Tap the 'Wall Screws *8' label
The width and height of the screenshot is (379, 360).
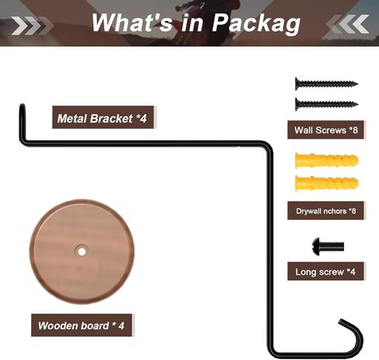click(325, 130)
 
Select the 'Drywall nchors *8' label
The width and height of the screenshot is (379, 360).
click(325, 210)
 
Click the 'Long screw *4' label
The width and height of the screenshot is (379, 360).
click(325, 272)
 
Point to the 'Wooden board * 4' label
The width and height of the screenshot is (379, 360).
click(82, 325)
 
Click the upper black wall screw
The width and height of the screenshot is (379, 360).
click(326, 84)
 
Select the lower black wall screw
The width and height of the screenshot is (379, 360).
click(326, 104)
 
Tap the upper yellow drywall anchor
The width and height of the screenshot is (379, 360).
click(327, 161)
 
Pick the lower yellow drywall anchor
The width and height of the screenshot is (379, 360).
click(327, 184)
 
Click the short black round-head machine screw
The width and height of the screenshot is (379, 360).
click(328, 247)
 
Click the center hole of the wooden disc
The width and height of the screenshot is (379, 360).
click(82, 251)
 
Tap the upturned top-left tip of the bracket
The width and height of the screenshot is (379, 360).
click(23, 106)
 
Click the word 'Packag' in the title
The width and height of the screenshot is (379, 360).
click(256, 23)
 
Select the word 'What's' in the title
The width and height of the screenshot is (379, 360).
click(132, 22)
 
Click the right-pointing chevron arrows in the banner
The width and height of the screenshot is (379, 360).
click(32, 25)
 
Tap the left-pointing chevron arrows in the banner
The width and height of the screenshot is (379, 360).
click(347, 24)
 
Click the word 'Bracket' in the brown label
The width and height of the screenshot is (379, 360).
click(111, 119)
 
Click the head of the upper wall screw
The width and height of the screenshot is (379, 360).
click(297, 84)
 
